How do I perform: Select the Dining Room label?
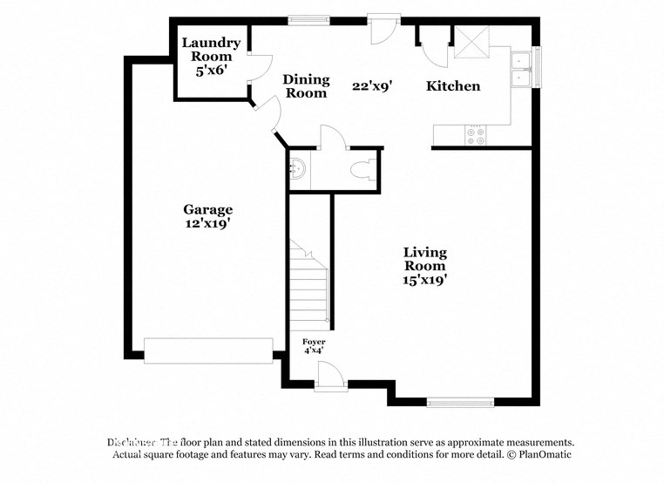coord(306,85)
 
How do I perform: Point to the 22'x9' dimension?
coord(372,85)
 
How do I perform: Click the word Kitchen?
coord(452,85)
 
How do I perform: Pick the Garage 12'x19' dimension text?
coord(207,223)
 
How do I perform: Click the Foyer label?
coord(314,341)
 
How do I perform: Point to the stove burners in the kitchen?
coord(477,135)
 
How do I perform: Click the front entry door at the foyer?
coord(330,377)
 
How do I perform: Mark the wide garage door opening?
coord(208,350)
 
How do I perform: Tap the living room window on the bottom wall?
coord(460,402)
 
